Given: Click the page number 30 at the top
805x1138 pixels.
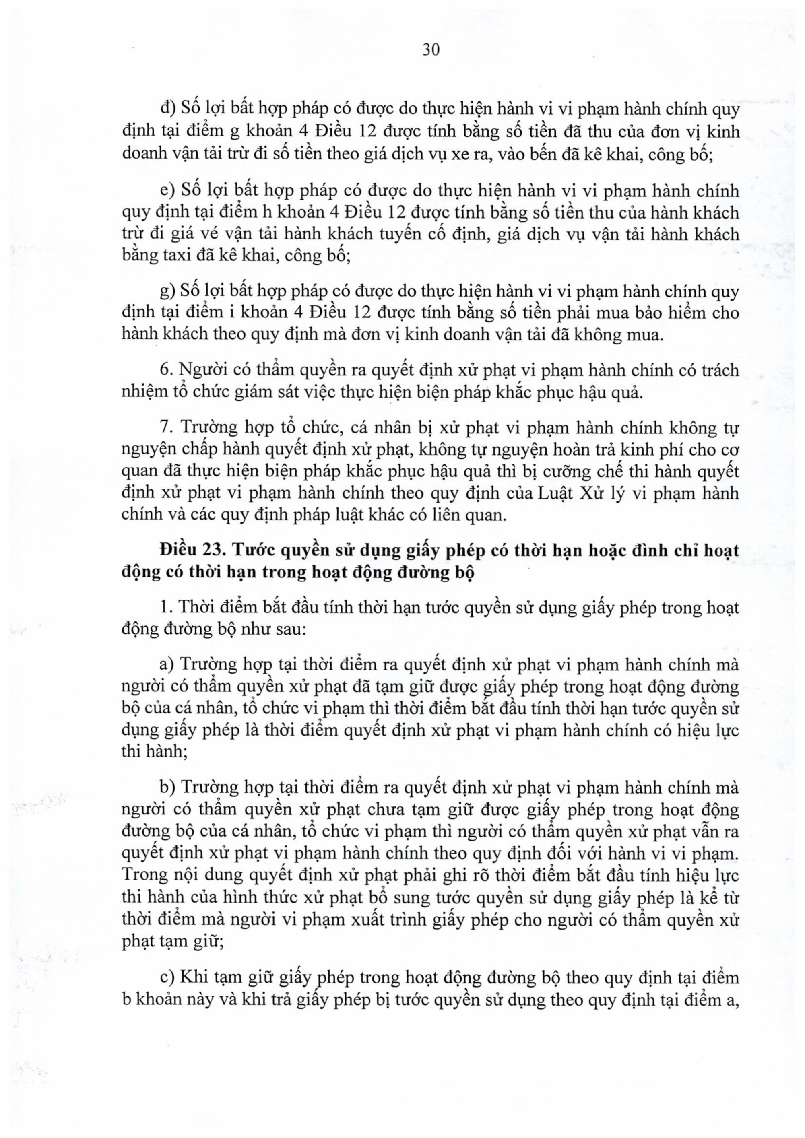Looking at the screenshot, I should point(431,50).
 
